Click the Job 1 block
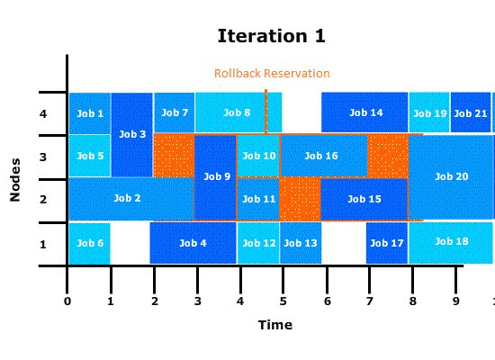point(90,113)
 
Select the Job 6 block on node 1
point(90,244)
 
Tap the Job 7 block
point(174,112)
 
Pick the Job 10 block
point(258,156)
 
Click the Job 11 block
point(258,199)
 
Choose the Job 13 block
point(301,243)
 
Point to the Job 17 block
point(387,243)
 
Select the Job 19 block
point(429,112)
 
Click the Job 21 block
point(471,112)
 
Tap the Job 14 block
point(364,112)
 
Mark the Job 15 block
point(364,199)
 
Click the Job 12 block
point(258,243)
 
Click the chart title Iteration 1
point(272,36)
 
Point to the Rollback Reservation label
point(273,73)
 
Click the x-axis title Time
point(275,325)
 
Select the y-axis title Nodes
point(14,180)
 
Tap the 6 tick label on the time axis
point(327,301)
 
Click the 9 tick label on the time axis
point(456,301)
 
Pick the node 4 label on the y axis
point(43,113)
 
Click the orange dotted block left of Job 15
point(301,199)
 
